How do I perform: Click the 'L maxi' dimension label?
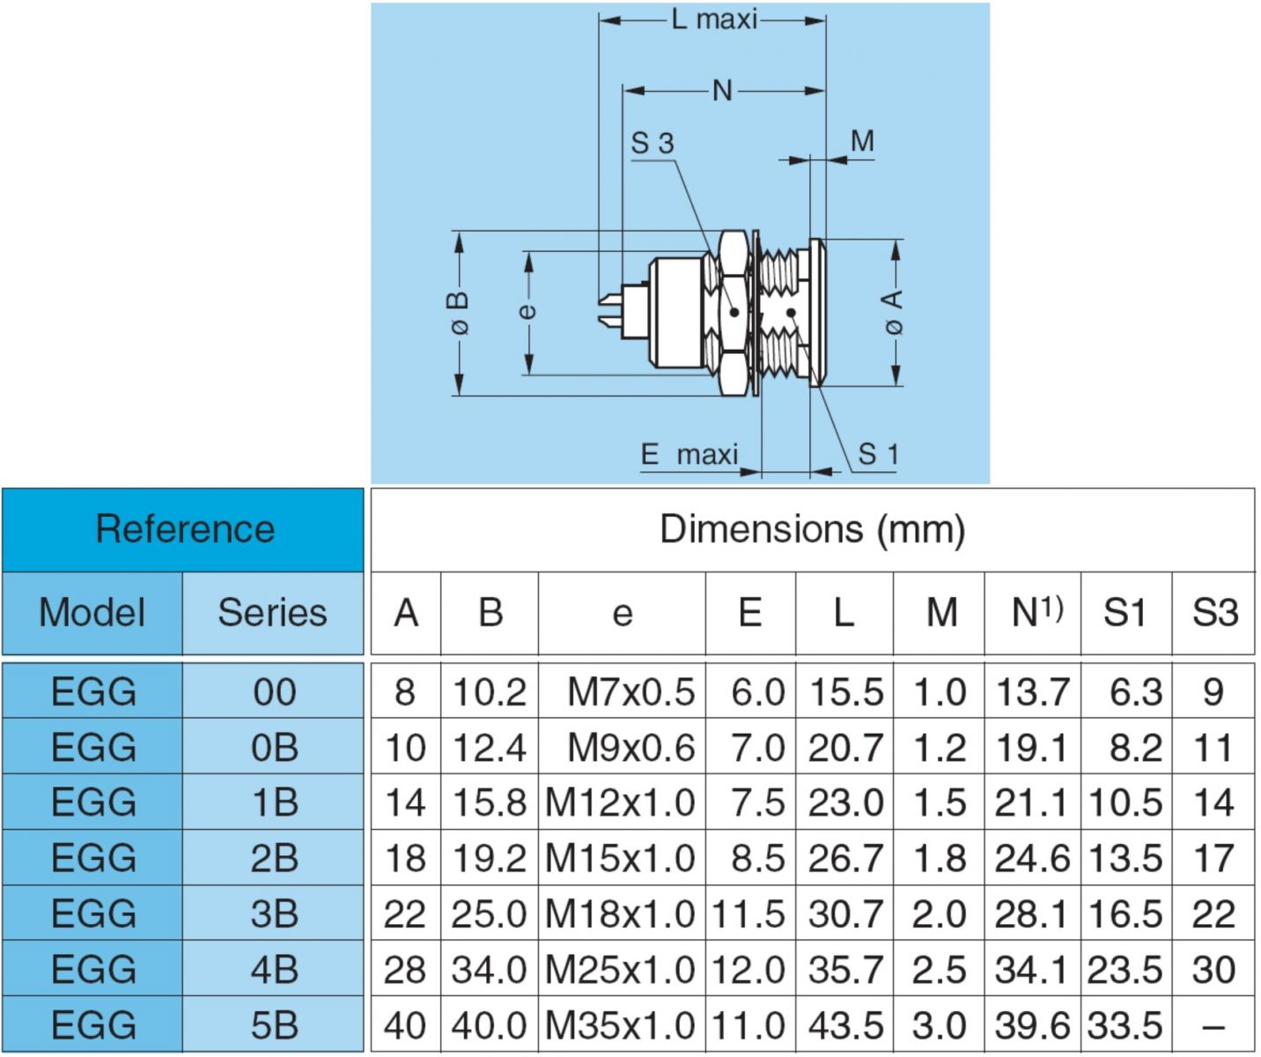tap(714, 19)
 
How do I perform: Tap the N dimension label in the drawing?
tap(722, 91)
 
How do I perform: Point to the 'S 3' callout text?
tap(653, 144)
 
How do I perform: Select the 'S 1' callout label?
tap(879, 454)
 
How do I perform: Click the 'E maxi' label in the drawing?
tap(689, 454)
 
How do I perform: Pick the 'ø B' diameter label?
tap(459, 313)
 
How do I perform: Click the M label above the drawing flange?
tap(862, 141)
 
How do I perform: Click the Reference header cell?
tap(185, 529)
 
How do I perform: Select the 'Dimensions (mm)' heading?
tap(812, 529)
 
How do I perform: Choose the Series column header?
tap(272, 612)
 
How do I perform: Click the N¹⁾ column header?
tap(1037, 612)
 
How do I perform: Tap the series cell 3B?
tap(274, 913)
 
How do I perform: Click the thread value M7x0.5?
tap(630, 691)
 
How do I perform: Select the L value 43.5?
tap(846, 1025)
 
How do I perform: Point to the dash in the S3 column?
tap(1213, 1026)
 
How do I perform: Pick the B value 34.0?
tap(489, 970)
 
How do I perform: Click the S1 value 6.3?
tap(1136, 691)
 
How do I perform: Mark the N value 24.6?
tap(1033, 858)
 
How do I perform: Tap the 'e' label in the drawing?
tap(527, 310)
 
